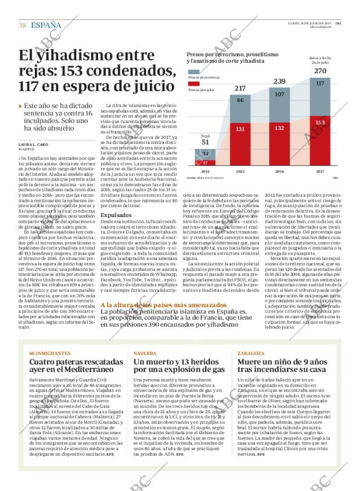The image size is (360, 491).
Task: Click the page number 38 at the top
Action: [23, 25]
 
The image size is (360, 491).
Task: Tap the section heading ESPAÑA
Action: [46, 25]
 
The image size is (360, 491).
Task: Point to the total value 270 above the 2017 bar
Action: [320, 71]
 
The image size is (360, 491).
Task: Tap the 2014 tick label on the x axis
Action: [205, 172]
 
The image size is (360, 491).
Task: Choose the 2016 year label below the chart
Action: [279, 172]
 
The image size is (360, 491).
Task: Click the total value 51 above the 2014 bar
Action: [205, 142]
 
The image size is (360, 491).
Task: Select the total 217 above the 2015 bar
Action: [239, 88]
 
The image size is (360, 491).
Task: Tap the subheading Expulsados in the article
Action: [116, 214]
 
